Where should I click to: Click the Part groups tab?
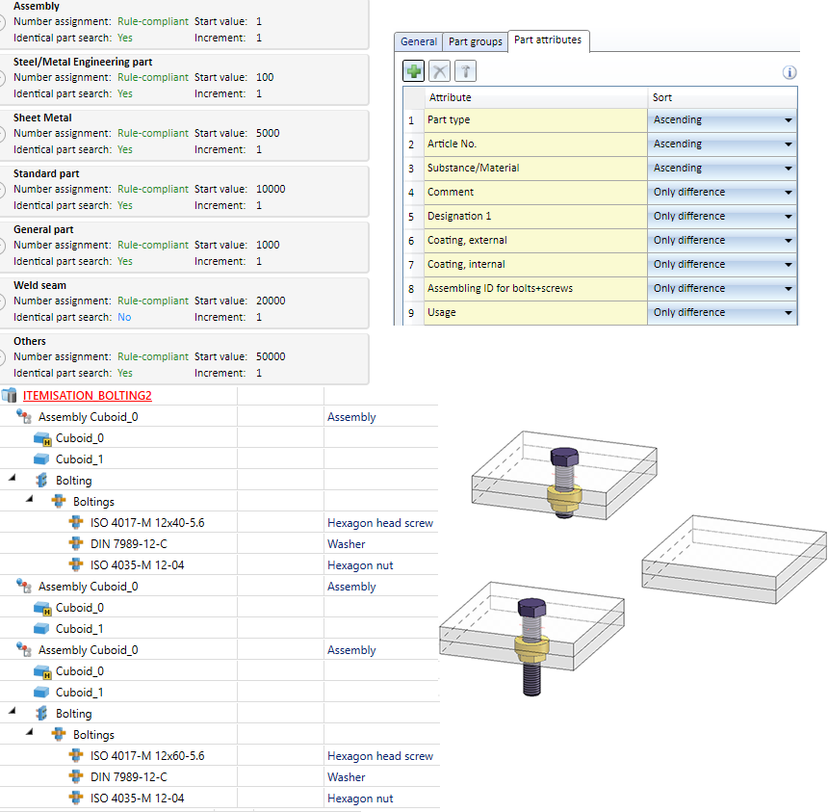(x=476, y=41)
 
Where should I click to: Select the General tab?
(x=419, y=41)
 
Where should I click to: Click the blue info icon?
(x=789, y=72)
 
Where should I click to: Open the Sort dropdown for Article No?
(x=788, y=144)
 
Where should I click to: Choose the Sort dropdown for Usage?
(x=788, y=313)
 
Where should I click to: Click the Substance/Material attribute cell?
(x=534, y=168)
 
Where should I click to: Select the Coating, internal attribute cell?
(x=534, y=264)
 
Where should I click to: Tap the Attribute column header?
(x=534, y=97)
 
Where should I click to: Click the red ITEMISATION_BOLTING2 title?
(x=88, y=396)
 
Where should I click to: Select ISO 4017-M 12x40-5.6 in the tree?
(x=147, y=523)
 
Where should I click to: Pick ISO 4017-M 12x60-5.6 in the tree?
(x=147, y=756)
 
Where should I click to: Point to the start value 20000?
(x=271, y=301)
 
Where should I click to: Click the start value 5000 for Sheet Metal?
(x=268, y=133)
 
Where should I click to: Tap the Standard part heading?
(x=46, y=173)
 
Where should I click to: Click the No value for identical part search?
(x=124, y=317)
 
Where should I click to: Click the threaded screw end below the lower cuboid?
(x=530, y=684)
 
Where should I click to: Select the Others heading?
(x=30, y=341)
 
